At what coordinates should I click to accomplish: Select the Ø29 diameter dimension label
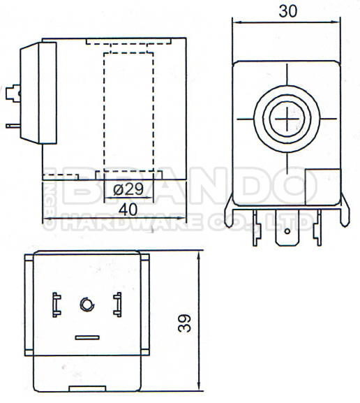point(128,189)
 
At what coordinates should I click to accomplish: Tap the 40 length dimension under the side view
point(128,207)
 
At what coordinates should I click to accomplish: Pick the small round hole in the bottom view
point(87,304)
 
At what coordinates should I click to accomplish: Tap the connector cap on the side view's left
point(39,92)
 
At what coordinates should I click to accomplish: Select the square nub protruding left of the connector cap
point(12,93)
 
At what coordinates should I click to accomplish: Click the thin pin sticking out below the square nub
point(13,126)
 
